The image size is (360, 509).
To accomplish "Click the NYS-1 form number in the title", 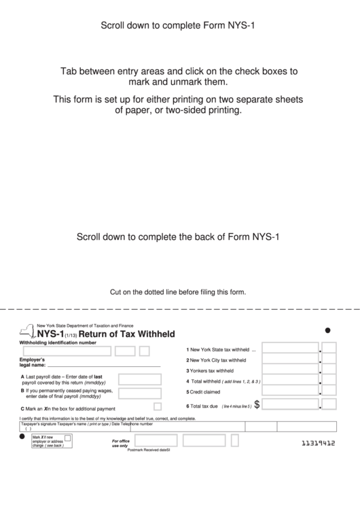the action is [x=51, y=334].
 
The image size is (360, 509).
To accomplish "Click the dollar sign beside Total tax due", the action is [x=257, y=404].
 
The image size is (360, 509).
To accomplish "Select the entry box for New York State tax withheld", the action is [x=290, y=349].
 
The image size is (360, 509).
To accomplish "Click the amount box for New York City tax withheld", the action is [x=290, y=360].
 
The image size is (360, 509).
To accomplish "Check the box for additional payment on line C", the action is [x=158, y=406].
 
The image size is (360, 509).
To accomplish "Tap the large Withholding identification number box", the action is [x=67, y=351].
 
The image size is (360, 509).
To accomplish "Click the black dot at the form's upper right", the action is [x=329, y=331].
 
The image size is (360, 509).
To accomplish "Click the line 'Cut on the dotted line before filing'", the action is [x=178, y=293].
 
